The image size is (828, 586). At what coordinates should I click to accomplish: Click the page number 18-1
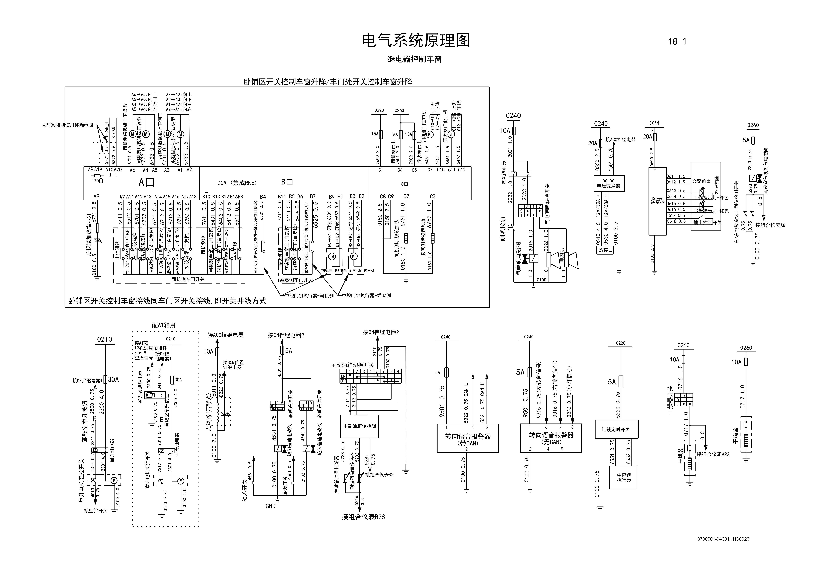677,41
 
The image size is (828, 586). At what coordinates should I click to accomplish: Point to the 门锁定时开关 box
616,429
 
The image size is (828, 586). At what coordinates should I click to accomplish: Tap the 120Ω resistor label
97,180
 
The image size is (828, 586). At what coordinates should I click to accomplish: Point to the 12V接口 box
605,250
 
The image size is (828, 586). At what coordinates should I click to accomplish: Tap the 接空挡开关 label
96,511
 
